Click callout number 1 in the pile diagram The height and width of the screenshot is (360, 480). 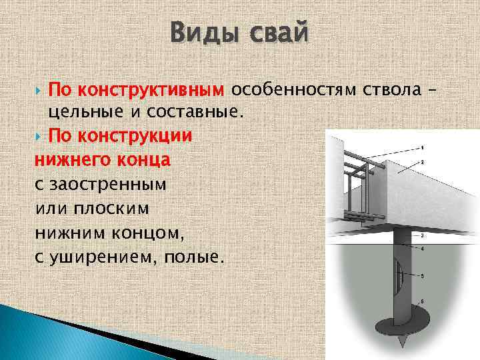coord(423,147)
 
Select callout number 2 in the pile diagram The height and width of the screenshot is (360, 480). coord(423,162)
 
